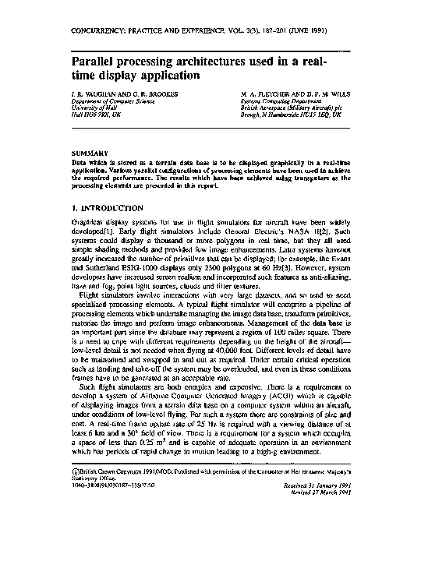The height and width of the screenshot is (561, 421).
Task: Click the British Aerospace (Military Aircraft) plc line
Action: click(292, 107)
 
